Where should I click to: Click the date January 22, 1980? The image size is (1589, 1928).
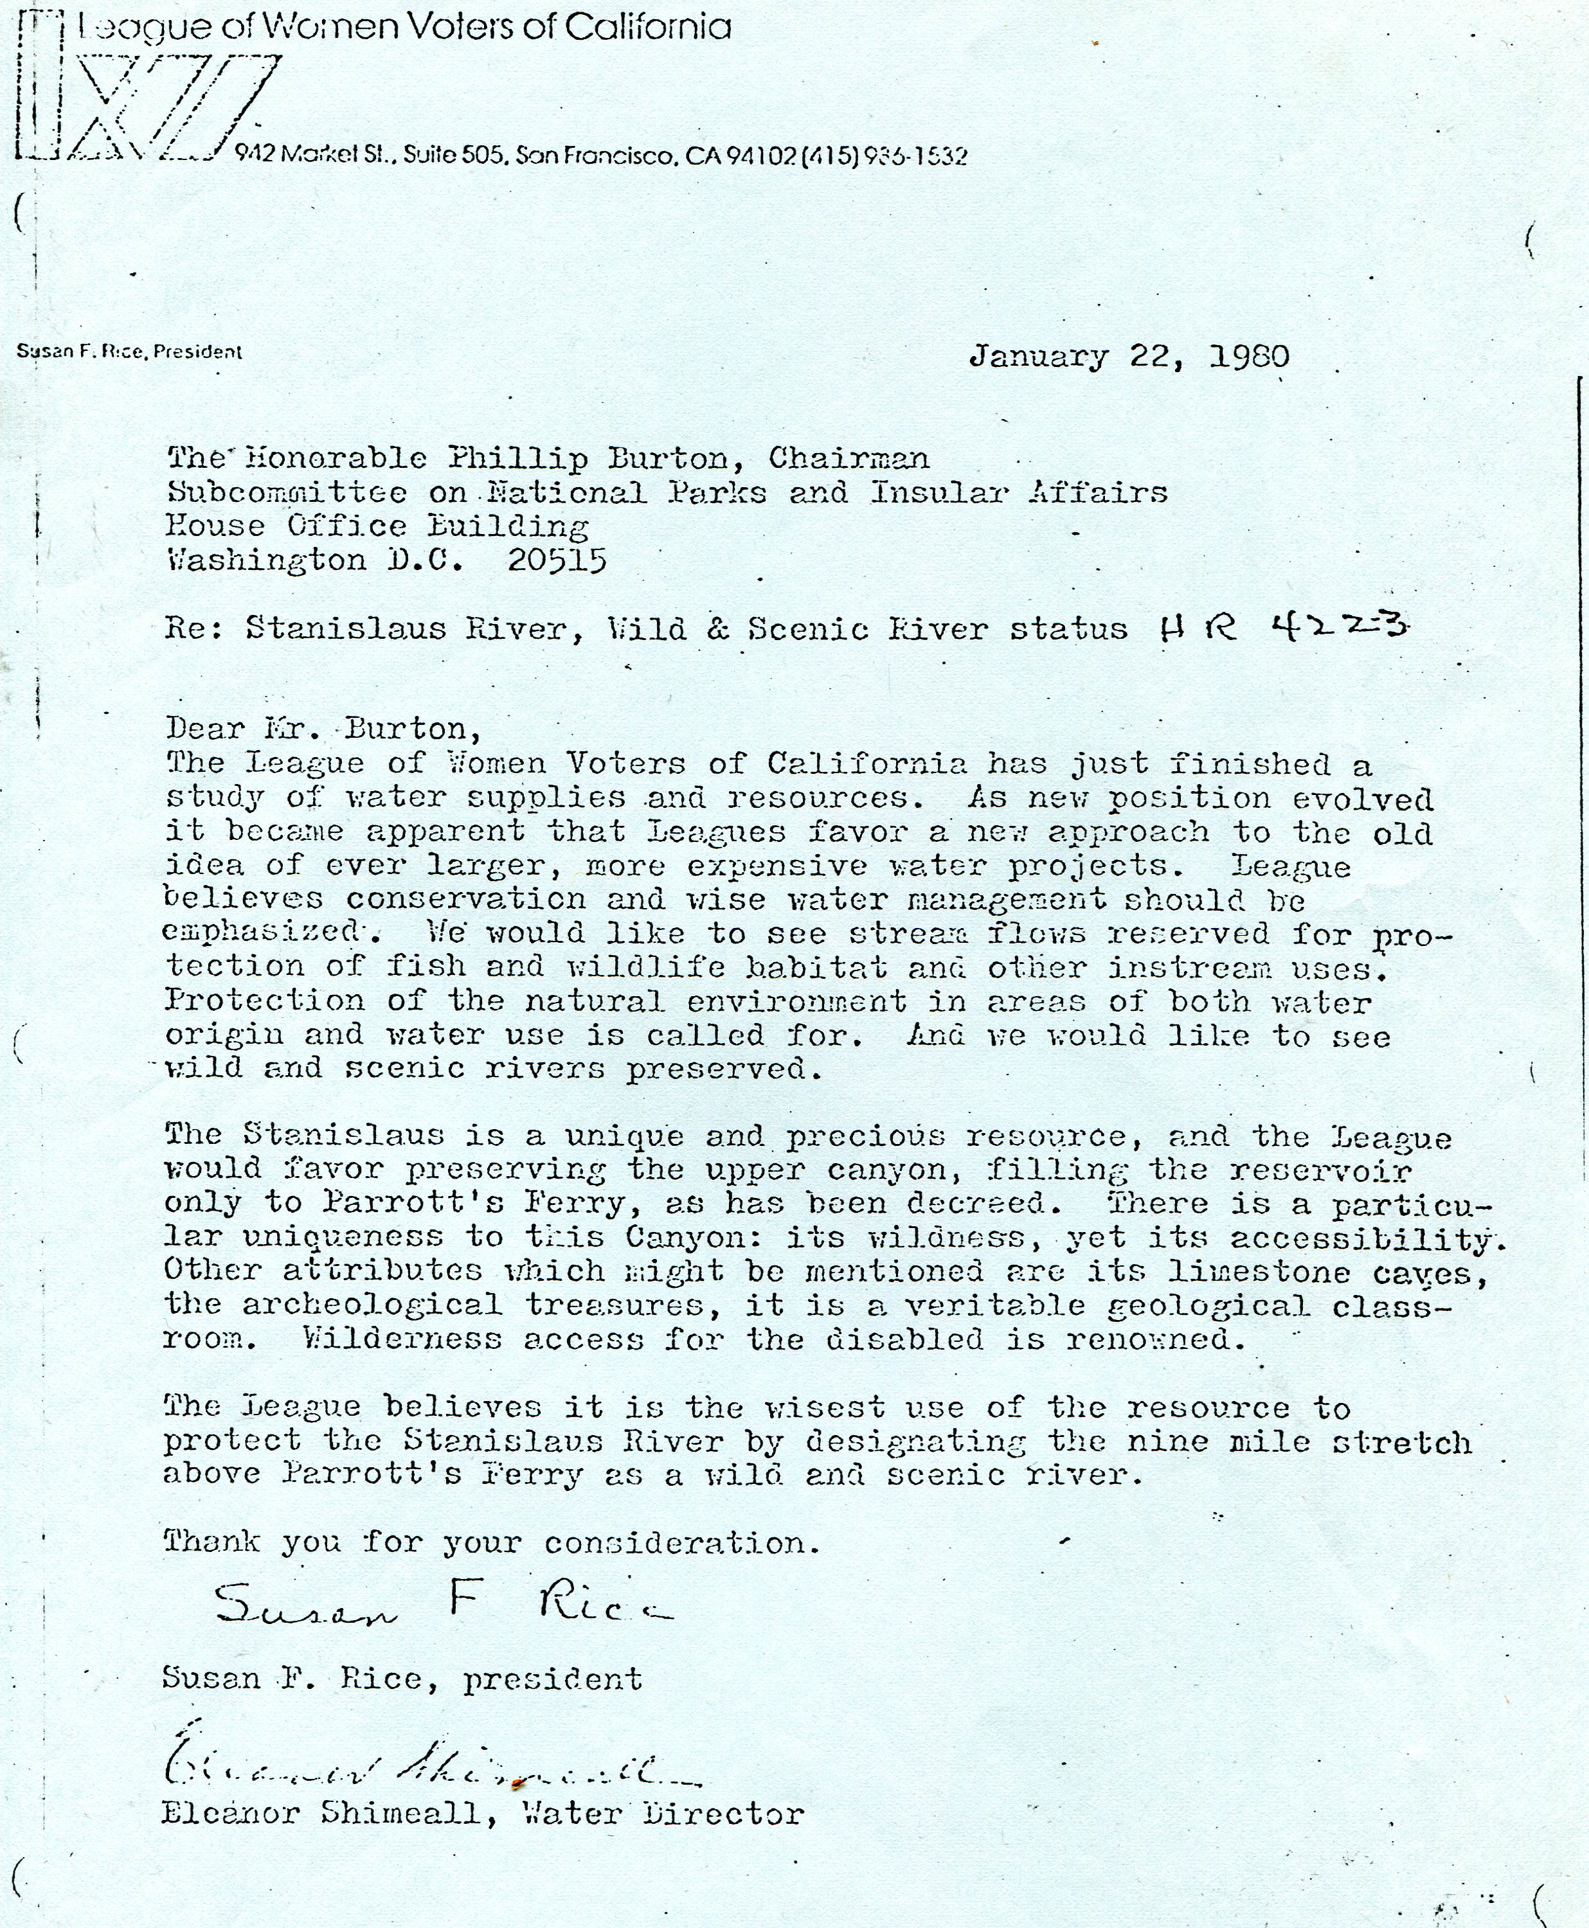tap(1129, 356)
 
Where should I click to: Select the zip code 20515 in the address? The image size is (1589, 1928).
tap(557, 560)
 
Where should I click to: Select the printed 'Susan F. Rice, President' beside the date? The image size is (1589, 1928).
tap(129, 352)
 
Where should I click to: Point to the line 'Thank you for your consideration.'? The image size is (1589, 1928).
tap(492, 1543)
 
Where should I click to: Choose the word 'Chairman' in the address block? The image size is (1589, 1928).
tap(848, 458)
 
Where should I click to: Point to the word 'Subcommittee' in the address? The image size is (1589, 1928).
tap(287, 492)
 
